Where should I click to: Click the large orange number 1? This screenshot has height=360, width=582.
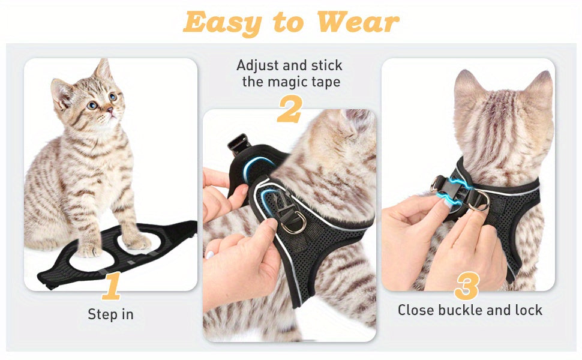coord(112,286)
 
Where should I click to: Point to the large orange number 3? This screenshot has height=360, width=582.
coord(467,286)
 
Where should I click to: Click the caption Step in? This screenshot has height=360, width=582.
coord(111,314)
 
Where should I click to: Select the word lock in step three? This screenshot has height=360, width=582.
coord(527,310)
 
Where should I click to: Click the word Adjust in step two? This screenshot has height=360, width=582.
coord(259,65)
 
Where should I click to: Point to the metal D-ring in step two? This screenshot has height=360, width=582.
coord(293,223)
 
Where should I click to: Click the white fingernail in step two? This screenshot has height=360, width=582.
coord(209,254)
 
